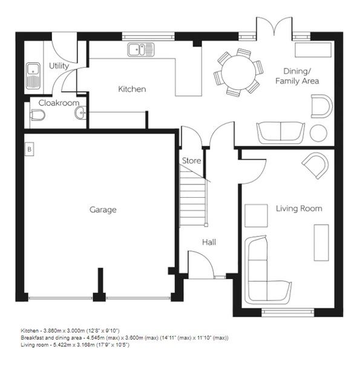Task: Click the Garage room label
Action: point(103,210)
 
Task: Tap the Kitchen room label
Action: point(131,89)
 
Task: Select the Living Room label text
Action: point(299,209)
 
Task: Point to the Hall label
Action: point(209,242)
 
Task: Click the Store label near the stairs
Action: point(191,161)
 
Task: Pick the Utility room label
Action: point(59,66)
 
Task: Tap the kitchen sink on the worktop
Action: point(141,49)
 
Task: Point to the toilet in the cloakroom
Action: point(38,115)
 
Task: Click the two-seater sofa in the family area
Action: point(281,131)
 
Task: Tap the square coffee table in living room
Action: point(255,215)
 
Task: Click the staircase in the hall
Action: point(193,193)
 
